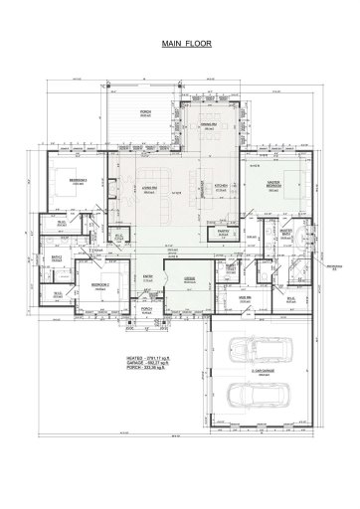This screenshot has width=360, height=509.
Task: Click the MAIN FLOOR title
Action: click(x=180, y=45)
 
